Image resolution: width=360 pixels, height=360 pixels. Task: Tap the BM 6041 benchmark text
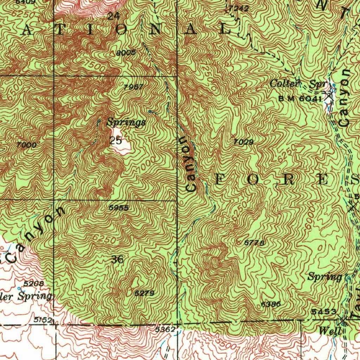(x=300, y=99)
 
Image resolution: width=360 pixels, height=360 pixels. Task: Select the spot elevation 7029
(x=244, y=142)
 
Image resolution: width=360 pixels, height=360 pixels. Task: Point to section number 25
(x=115, y=141)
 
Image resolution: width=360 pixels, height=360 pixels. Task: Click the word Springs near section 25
(x=126, y=122)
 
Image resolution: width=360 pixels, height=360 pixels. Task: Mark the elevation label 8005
(x=126, y=53)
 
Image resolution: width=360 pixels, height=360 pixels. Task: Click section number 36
(x=117, y=260)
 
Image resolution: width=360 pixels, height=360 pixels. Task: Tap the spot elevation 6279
(x=144, y=293)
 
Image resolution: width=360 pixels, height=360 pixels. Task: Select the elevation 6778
(x=254, y=243)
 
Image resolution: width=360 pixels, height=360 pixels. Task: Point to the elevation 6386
(x=271, y=304)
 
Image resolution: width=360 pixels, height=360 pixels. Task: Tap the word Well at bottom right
(x=330, y=331)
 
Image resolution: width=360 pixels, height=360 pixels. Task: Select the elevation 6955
(x=118, y=208)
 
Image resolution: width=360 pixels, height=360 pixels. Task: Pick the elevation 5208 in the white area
(x=33, y=283)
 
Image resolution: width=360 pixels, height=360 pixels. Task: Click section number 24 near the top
(x=113, y=16)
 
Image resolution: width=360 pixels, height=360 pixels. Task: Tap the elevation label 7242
(x=238, y=8)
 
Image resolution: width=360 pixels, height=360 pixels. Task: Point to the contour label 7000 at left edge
(x=26, y=144)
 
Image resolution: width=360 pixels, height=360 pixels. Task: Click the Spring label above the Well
(x=325, y=277)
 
